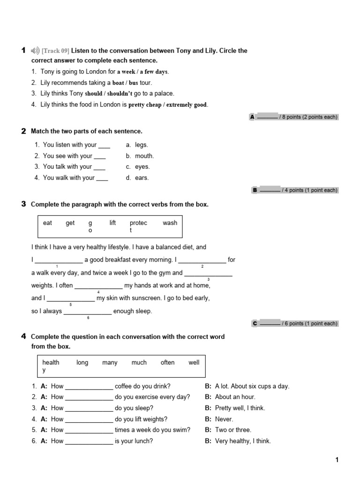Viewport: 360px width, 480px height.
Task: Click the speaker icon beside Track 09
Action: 35,51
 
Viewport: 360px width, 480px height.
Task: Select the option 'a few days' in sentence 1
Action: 154,72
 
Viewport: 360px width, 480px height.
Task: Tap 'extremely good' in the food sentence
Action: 186,105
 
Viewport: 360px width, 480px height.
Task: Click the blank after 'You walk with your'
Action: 102,178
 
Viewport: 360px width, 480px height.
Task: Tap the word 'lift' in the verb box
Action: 112,223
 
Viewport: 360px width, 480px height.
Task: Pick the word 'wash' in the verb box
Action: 170,223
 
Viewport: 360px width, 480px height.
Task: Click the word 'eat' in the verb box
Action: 47,223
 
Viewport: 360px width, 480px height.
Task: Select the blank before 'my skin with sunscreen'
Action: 71,298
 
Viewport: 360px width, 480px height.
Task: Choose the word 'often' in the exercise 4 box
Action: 167,362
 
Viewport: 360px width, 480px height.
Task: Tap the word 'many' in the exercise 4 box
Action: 110,362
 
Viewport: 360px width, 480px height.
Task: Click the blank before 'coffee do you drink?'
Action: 89,387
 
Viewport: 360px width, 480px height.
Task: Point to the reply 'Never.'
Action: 224,419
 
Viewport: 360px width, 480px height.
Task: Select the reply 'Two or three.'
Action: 233,430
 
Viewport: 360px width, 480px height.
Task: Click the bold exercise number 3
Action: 23,204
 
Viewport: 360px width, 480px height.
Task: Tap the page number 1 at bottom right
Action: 337,460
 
